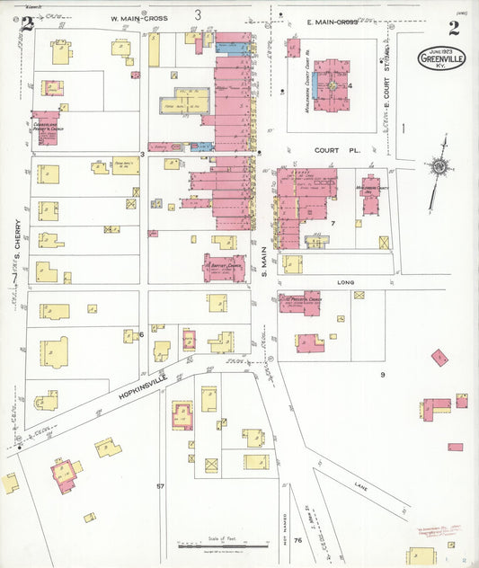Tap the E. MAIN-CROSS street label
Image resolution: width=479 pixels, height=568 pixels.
(333, 22)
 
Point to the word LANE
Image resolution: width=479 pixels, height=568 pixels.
(360, 486)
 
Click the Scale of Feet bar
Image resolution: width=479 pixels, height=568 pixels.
(222, 545)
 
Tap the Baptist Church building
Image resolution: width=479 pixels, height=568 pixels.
(224, 268)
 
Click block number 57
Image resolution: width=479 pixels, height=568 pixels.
(161, 486)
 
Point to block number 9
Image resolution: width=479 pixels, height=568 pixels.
(381, 374)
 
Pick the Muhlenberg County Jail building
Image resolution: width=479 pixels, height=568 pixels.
(370, 193)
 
